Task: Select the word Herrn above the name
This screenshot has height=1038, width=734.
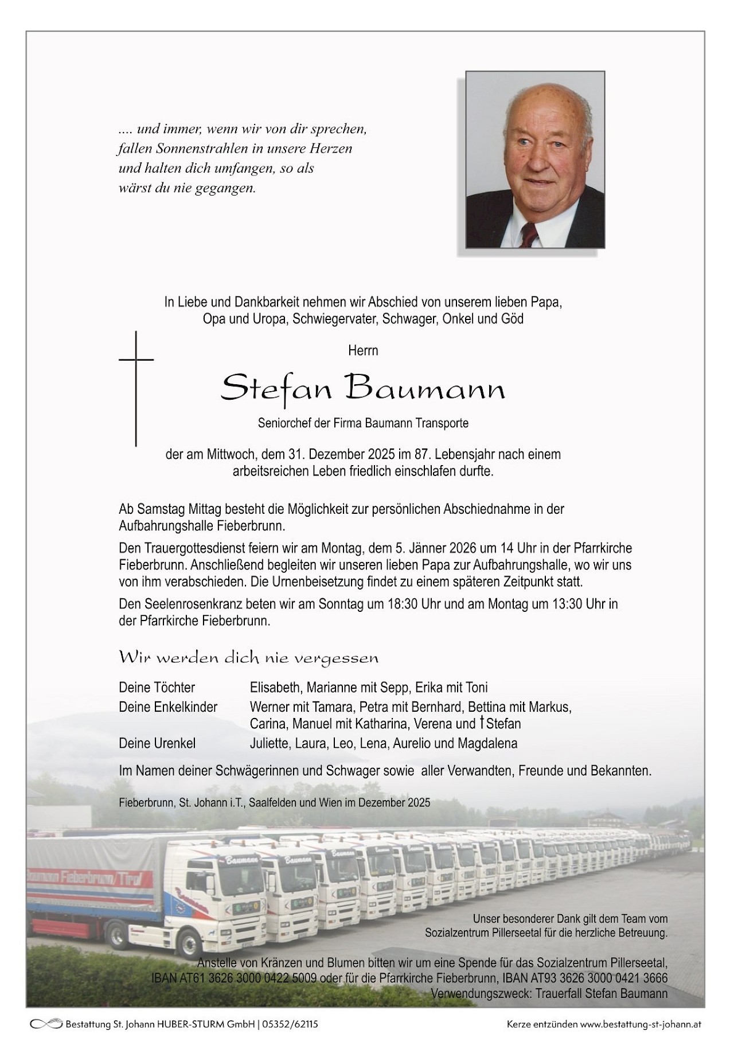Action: pos(363,350)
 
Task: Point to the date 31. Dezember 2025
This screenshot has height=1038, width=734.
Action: pos(341,454)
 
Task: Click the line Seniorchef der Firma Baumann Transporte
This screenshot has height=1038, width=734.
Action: pos(363,423)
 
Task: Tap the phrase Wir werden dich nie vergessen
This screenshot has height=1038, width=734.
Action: pos(248,658)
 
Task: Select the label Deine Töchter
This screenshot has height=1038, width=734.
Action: pos(157,687)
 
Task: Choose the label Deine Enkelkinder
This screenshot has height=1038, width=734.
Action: pos(168,707)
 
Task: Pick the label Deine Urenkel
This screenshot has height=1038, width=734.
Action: pos(157,743)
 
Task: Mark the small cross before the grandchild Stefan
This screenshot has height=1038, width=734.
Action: pos(481,723)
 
